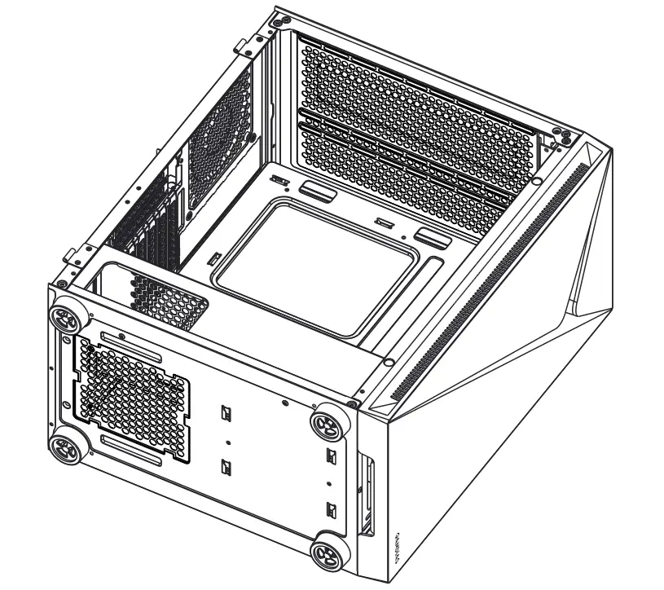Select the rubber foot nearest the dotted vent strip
click(x=330, y=421)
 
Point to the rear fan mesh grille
click(x=220, y=139)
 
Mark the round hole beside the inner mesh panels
click(x=536, y=181)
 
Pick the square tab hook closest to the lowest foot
click(x=332, y=512)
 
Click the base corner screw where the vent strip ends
click(x=351, y=403)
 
